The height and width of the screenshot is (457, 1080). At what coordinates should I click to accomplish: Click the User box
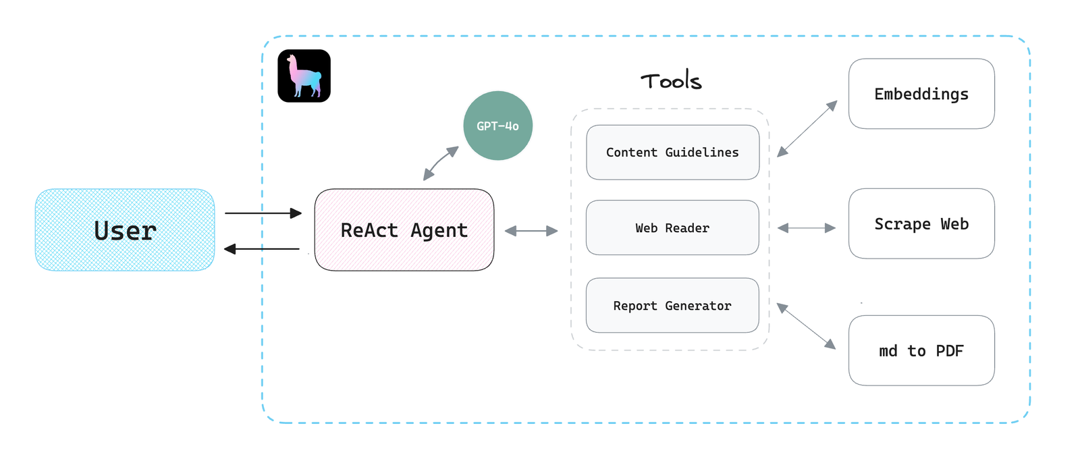click(x=125, y=230)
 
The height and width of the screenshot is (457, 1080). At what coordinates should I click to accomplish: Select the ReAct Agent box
click(x=404, y=230)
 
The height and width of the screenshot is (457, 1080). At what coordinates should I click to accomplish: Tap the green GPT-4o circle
click(x=497, y=126)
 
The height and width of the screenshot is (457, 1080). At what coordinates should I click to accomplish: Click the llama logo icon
click(x=304, y=76)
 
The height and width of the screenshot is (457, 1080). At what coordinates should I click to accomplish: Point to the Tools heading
click(x=671, y=80)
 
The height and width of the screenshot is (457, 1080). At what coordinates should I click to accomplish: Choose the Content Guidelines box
click(x=672, y=153)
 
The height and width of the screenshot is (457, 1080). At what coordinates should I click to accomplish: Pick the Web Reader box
click(x=672, y=227)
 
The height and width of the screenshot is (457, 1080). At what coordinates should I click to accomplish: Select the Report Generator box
click(x=672, y=305)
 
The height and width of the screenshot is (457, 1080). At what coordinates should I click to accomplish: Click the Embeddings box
click(x=921, y=94)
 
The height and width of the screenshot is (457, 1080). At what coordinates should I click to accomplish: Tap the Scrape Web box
click(x=921, y=223)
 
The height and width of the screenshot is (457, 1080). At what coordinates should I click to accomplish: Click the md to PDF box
click(x=921, y=350)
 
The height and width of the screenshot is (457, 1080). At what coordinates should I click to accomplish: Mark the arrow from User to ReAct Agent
click(x=263, y=213)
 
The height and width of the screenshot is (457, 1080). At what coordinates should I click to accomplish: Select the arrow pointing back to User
click(x=262, y=248)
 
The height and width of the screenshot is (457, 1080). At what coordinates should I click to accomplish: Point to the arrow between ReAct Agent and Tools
click(x=531, y=231)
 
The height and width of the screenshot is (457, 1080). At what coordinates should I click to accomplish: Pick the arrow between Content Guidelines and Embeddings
click(x=807, y=129)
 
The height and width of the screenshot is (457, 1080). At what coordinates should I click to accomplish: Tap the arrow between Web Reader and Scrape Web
click(x=807, y=227)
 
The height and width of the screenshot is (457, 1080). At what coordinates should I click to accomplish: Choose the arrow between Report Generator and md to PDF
click(x=806, y=326)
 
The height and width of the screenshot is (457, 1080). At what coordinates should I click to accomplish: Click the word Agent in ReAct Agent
click(x=439, y=231)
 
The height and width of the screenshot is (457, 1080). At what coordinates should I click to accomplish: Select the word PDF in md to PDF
click(x=949, y=350)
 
